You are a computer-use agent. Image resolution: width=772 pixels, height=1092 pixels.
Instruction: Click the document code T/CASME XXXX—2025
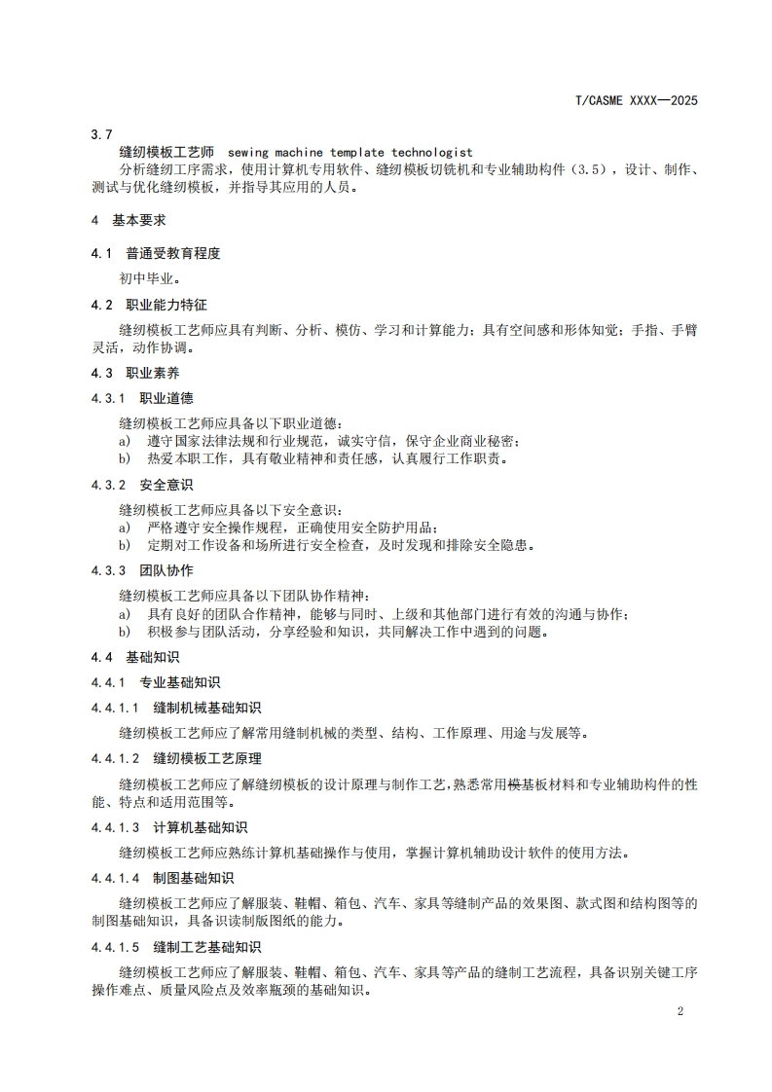coord(638,100)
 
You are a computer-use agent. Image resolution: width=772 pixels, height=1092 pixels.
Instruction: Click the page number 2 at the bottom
coord(680,1011)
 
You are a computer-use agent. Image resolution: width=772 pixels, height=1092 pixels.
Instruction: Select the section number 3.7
coord(101,134)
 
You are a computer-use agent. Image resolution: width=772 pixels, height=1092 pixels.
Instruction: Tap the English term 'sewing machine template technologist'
coord(349,152)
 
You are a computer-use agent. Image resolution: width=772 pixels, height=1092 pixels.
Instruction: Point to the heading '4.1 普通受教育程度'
coord(156,253)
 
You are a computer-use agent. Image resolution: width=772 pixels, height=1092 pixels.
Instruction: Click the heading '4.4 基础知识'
coord(135,657)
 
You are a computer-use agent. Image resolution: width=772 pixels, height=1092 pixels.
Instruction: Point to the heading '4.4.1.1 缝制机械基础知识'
coord(176,708)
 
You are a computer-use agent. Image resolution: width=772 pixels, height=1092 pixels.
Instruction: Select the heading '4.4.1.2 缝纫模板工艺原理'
coord(176,758)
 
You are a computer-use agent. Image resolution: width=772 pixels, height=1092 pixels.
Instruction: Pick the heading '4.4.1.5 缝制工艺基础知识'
coord(176,947)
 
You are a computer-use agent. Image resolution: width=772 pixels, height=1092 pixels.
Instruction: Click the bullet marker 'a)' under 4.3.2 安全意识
coord(125,528)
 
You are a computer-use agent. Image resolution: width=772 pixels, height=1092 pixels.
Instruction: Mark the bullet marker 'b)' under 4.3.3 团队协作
coord(125,632)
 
